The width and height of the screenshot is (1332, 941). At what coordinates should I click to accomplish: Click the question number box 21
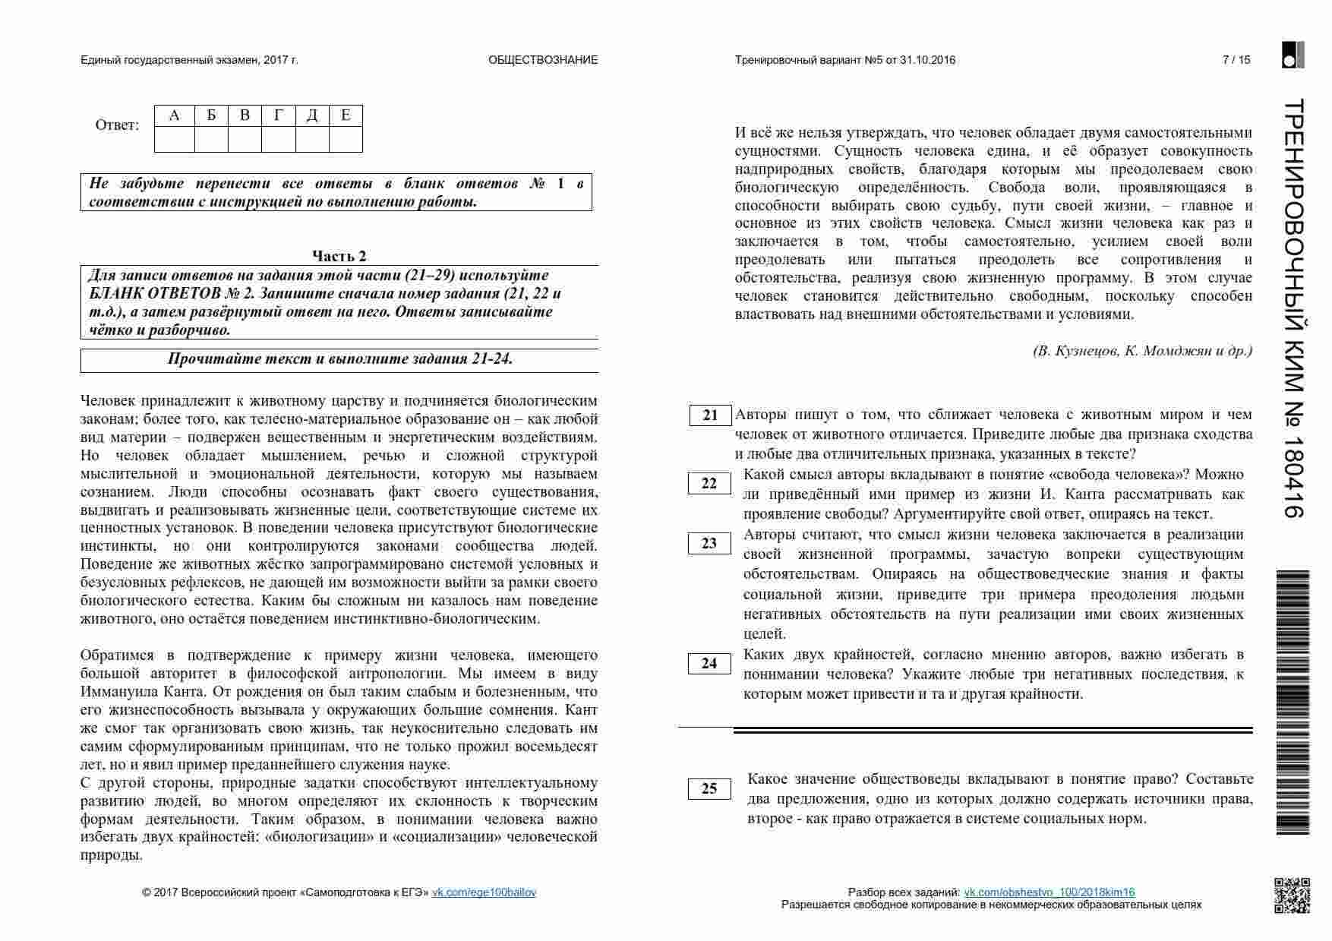(710, 415)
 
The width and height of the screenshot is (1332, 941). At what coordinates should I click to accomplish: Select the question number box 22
(709, 484)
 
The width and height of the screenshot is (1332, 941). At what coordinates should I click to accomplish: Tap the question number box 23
(709, 544)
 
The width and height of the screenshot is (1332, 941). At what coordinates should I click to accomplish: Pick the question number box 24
(709, 664)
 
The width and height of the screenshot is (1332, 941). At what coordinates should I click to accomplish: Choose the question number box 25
(709, 789)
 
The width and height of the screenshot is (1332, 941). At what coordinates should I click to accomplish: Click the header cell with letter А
(175, 115)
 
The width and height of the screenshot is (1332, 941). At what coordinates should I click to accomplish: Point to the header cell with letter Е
(346, 115)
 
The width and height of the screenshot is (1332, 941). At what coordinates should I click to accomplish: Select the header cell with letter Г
(279, 115)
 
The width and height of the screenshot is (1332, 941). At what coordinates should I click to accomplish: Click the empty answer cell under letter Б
(211, 140)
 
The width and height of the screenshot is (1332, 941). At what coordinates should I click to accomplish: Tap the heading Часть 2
(339, 256)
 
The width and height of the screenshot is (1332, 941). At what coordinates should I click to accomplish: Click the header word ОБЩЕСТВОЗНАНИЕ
(543, 60)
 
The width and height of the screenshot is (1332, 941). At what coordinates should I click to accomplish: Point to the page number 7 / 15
(1236, 60)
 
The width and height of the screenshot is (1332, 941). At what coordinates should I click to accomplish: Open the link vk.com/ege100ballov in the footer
(484, 892)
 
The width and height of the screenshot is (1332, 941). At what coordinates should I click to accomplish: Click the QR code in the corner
(1292, 895)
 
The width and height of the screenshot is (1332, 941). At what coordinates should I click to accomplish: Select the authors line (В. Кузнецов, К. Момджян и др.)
(1142, 351)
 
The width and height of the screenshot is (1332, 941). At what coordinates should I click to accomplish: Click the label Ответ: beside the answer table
(118, 125)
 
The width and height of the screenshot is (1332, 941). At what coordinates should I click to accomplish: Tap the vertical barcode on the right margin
(1293, 703)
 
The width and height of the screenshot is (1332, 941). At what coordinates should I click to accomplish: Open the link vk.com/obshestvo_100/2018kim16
(1049, 892)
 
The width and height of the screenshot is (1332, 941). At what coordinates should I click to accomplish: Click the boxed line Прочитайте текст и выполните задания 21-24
(339, 359)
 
